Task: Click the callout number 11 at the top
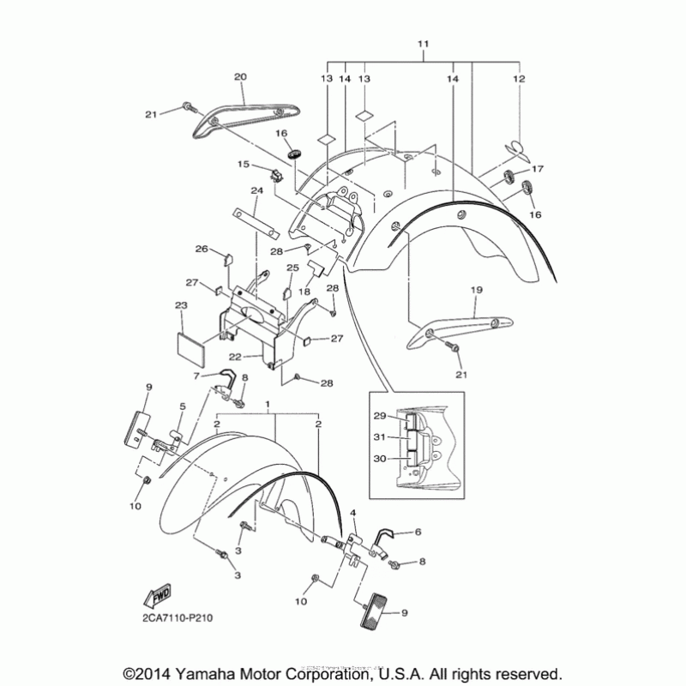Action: click(423, 43)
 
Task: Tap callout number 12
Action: click(518, 78)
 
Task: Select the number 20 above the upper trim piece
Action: click(240, 77)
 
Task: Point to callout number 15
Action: click(244, 164)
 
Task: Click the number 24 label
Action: click(256, 190)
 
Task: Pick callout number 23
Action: click(181, 306)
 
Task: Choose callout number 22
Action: click(234, 356)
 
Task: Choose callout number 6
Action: click(418, 532)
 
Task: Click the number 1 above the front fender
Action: click(268, 403)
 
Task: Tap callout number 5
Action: click(182, 406)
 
